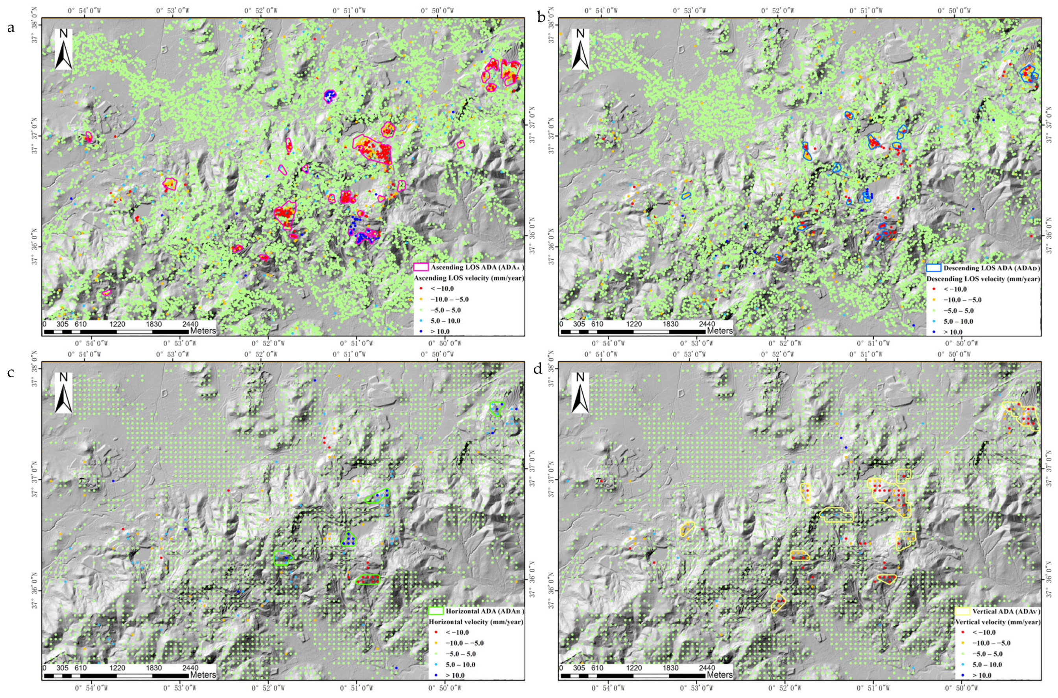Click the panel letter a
click(x=11, y=28)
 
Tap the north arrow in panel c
click(x=64, y=392)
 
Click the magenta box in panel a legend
click(x=421, y=267)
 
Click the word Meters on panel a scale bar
click(x=203, y=331)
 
